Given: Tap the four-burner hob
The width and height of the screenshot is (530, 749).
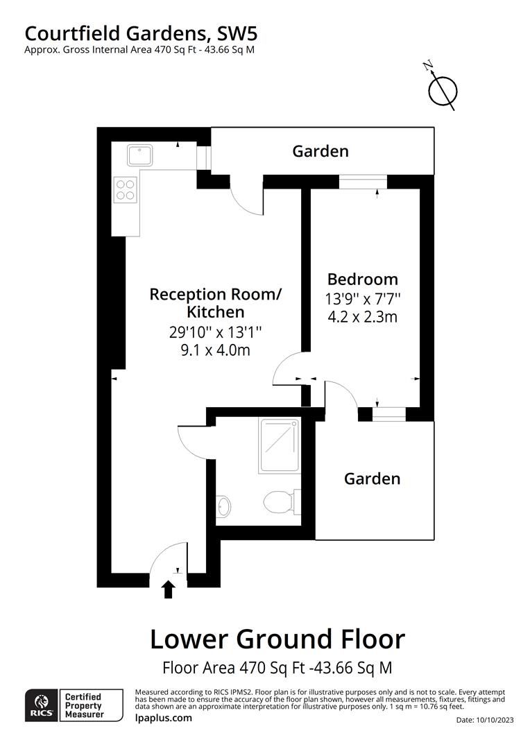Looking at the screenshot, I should point(126,189).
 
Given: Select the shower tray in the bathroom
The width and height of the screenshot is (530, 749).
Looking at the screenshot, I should point(280,445).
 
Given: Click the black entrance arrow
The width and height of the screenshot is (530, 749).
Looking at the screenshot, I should point(167,589).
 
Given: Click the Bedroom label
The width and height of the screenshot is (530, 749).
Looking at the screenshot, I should point(363,279).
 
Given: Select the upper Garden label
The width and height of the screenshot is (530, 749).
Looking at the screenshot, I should point(320,151).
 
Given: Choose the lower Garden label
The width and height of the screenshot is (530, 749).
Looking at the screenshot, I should point(373,479).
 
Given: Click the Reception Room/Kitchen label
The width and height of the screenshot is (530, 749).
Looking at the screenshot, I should point(215,303).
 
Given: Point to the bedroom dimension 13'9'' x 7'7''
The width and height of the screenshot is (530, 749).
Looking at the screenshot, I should point(363,300).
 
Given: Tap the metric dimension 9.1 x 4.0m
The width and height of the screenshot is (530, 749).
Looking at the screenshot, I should point(215,350).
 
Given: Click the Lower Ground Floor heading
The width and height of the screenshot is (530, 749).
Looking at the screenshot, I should point(277,639).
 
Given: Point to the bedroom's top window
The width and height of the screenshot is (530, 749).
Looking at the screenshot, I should point(363,182).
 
